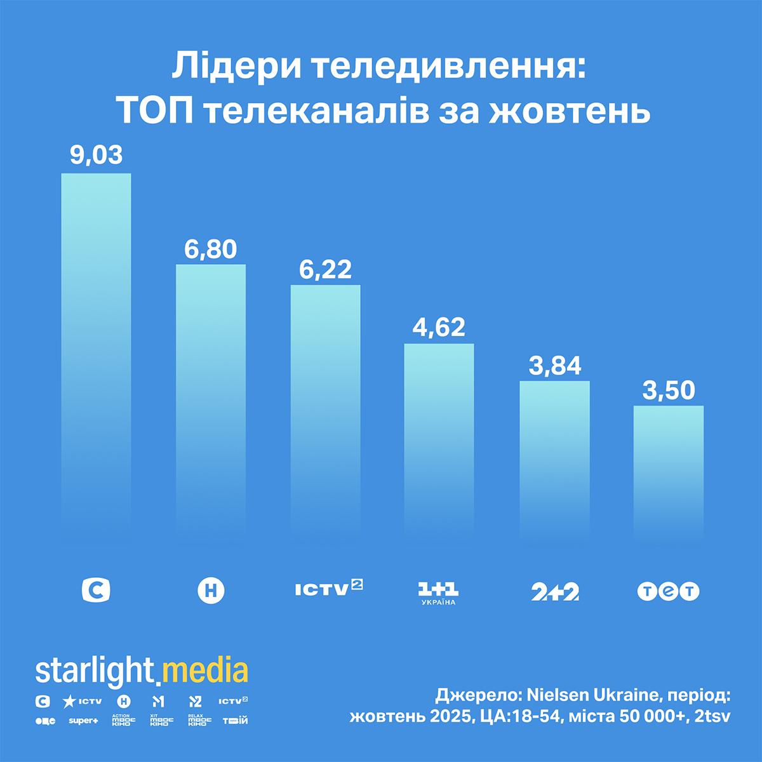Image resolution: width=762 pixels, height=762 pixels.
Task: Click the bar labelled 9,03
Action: (96, 349)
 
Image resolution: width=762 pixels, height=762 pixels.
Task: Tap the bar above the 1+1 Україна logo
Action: (439, 438)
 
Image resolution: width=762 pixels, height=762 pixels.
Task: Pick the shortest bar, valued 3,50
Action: (669, 470)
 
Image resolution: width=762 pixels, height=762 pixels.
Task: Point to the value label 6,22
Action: (325, 270)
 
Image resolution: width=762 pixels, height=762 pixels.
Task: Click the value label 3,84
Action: (555, 366)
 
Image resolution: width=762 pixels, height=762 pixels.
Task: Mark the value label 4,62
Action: (439, 328)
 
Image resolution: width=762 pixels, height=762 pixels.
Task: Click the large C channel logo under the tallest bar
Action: (96, 590)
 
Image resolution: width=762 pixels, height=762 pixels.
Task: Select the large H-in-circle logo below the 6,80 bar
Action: (211, 591)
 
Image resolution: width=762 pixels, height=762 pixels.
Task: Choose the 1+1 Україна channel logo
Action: (439, 592)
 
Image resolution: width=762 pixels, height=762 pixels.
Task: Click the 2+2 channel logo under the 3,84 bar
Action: (555, 592)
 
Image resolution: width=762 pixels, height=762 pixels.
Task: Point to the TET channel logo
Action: (668, 591)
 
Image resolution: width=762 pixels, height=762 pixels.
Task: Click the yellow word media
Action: (204, 672)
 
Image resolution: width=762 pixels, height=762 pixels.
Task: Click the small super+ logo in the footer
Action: (83, 721)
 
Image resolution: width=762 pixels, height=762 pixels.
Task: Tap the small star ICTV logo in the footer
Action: (82, 702)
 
